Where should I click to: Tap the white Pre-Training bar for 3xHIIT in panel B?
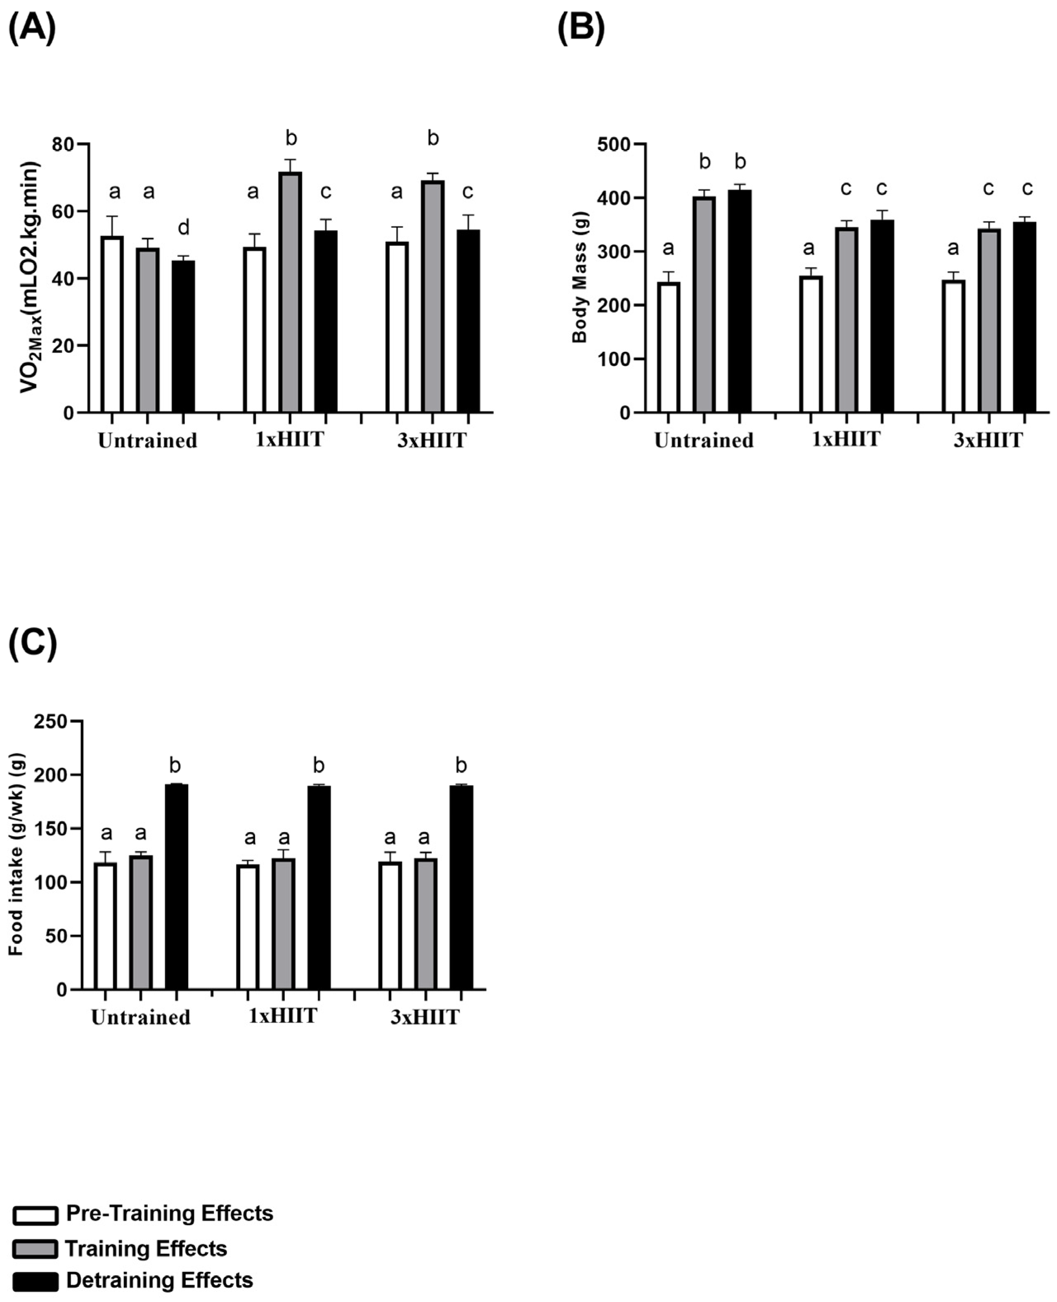pyautogui.click(x=953, y=347)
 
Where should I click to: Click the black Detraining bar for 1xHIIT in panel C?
pyautogui.click(x=319, y=887)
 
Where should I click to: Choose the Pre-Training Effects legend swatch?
pyautogui.click(x=35, y=1215)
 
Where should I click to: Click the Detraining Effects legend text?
pyautogui.click(x=160, y=1280)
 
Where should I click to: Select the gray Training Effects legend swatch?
pyautogui.click(x=35, y=1248)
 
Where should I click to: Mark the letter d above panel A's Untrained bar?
pyautogui.click(x=183, y=228)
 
